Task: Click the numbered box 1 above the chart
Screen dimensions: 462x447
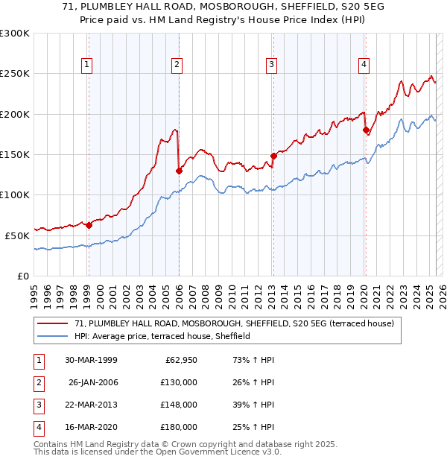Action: pos(88,65)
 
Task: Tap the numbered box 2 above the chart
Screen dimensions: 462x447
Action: pos(177,65)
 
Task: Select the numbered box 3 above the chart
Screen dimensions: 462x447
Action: pos(271,65)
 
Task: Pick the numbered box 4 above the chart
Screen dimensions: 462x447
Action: pos(364,65)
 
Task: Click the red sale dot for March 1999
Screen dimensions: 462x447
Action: pos(89,224)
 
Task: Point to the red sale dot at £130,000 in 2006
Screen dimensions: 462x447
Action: pos(179,171)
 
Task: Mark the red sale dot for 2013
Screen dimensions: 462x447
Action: pos(273,156)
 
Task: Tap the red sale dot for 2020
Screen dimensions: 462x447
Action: pos(366,130)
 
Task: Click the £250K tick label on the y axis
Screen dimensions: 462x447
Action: pos(15,74)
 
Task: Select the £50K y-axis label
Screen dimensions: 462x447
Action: pos(17,235)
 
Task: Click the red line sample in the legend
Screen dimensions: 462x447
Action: pos(53,323)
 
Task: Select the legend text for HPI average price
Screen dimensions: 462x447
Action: pos(162,337)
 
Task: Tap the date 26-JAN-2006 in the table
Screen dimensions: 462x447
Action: pos(92,383)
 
